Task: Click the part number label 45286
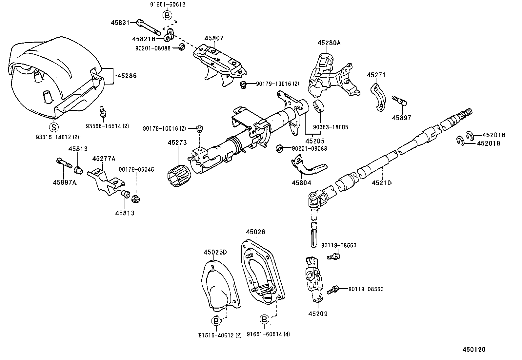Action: point(127,76)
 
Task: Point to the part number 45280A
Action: point(329,43)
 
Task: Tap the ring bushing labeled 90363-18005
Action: point(318,107)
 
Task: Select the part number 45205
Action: point(315,141)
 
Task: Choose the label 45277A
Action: point(104,159)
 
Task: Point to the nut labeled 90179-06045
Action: point(135,199)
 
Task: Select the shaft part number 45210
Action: point(381,183)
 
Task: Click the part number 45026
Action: point(255,232)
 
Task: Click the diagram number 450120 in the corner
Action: point(474,349)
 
